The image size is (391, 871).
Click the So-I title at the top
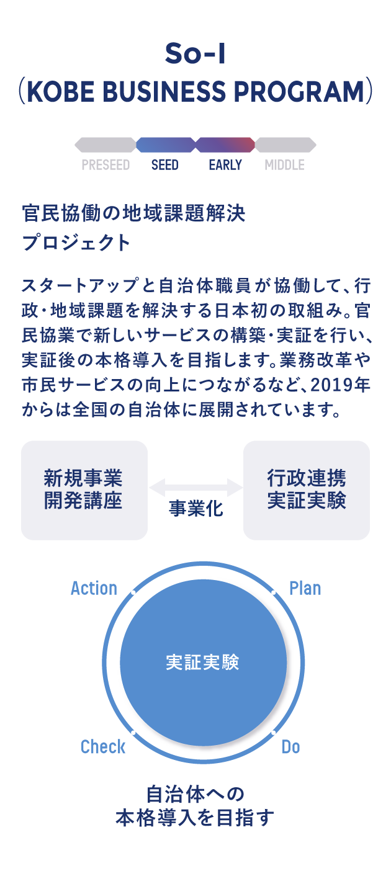[x=195, y=55]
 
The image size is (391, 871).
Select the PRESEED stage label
[x=106, y=165]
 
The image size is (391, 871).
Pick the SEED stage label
[x=165, y=165]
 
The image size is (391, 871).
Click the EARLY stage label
[x=225, y=165]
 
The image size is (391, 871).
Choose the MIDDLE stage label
[x=284, y=165]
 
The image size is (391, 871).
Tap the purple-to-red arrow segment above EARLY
[x=225, y=145]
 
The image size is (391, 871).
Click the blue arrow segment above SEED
[x=165, y=145]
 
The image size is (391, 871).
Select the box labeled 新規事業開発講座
[x=84, y=489]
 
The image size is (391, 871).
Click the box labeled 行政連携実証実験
[x=307, y=489]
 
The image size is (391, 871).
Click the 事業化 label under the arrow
[x=195, y=510]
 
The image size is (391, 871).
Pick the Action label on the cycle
[x=94, y=588]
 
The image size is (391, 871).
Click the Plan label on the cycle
[x=305, y=588]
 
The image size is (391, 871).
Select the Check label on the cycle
[x=103, y=747]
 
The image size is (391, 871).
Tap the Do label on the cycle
[x=290, y=747]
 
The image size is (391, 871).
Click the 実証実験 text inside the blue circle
[x=202, y=663]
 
